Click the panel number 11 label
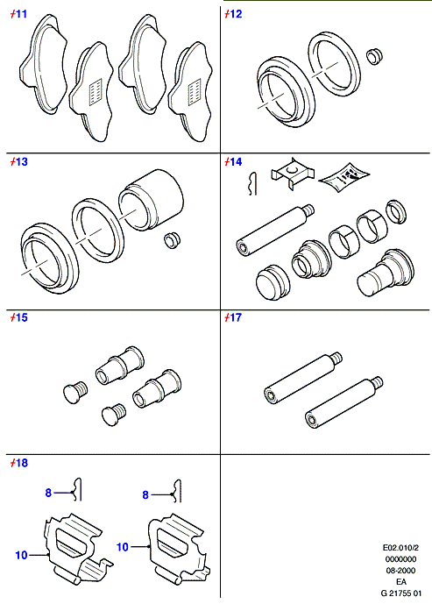click(18, 14)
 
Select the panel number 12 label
click(233, 14)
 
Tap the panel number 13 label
click(19, 162)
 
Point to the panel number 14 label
click(233, 162)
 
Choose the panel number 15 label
click(19, 317)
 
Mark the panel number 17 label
click(233, 317)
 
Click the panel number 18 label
click(19, 463)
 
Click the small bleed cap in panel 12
click(374, 56)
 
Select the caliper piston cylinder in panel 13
click(151, 200)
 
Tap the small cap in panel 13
click(172, 240)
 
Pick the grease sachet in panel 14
click(344, 177)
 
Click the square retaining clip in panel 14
click(293, 173)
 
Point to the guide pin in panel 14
click(275, 231)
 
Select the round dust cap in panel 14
click(272, 283)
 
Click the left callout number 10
click(22, 555)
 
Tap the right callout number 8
click(145, 494)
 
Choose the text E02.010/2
click(400, 548)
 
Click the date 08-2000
click(400, 571)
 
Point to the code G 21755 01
click(400, 593)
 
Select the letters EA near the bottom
click(400, 582)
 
